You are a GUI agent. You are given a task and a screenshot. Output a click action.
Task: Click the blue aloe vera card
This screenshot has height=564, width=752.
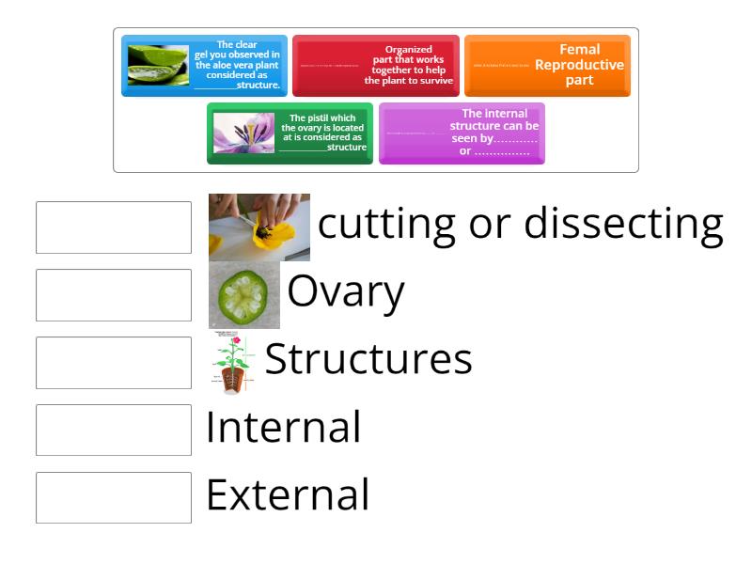click(x=204, y=66)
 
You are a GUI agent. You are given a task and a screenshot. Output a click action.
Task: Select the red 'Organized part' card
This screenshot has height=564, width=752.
click(x=376, y=66)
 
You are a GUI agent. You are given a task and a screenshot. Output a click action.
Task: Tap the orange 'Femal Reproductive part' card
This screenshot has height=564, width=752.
click(x=547, y=66)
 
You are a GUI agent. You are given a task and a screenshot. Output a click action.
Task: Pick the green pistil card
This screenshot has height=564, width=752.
click(x=290, y=133)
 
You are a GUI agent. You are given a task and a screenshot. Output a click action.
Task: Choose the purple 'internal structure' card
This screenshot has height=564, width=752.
click(x=462, y=133)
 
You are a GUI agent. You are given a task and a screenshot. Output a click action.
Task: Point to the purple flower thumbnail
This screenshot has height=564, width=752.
click(x=243, y=133)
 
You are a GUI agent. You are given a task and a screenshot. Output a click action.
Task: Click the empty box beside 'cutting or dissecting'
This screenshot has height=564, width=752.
click(x=114, y=227)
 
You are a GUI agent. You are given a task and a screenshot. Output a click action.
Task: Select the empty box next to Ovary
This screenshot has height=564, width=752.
click(x=114, y=295)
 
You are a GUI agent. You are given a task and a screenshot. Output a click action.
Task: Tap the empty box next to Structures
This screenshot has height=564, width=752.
click(x=114, y=363)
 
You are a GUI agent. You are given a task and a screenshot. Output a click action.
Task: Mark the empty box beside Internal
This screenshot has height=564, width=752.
click(x=114, y=430)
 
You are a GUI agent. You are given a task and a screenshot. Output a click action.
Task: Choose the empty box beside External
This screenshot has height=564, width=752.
click(x=114, y=497)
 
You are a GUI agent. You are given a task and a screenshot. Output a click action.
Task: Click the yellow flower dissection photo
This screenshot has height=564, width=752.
click(x=259, y=227)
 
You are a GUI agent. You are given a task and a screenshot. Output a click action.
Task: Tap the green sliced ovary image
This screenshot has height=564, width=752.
click(x=244, y=294)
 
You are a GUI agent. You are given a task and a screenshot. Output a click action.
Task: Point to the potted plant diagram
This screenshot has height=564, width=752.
click(x=230, y=363)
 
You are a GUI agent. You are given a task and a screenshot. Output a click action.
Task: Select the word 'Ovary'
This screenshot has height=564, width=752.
click(x=345, y=292)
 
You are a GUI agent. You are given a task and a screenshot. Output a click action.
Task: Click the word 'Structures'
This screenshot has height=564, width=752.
click(x=368, y=359)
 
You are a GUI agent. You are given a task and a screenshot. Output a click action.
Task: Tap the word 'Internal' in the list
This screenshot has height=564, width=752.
click(x=283, y=428)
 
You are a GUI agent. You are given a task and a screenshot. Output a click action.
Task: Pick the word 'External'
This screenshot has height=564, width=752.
click(x=287, y=495)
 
